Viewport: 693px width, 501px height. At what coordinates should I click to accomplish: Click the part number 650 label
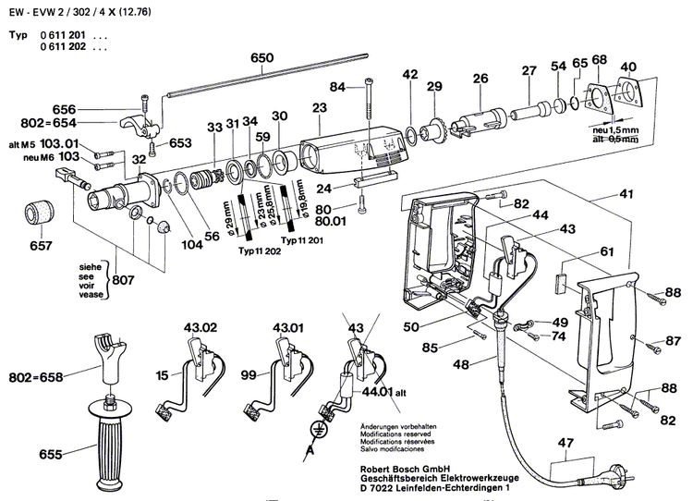click(262, 57)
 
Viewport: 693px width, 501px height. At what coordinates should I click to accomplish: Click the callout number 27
click(529, 70)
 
